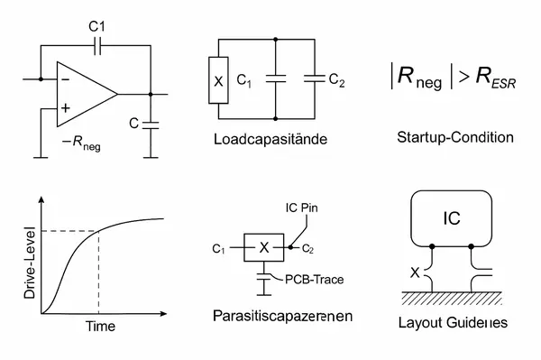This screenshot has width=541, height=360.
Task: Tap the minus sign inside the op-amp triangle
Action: pos(64,78)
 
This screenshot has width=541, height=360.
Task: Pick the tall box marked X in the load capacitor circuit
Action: pos(217,80)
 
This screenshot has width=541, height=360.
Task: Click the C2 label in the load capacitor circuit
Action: pos(336,80)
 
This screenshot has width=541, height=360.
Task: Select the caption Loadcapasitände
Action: pos(270,141)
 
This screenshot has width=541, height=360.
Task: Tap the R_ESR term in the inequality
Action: pos(484,81)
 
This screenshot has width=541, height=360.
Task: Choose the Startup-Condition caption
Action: pos(454,138)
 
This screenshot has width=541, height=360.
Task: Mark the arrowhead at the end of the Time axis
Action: pos(166,314)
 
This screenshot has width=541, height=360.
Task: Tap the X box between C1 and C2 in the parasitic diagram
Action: pos(264,247)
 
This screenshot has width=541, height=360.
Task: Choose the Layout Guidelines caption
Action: pos(454,322)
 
